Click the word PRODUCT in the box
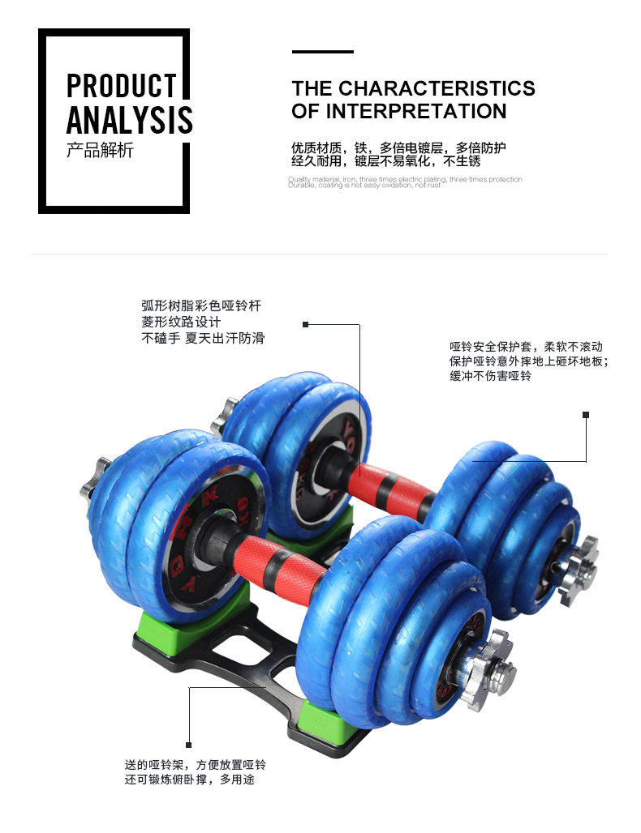121,86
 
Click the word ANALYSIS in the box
129,120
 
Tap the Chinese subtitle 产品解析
100,151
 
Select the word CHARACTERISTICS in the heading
437,88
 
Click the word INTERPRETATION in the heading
415,111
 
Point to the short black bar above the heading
322,52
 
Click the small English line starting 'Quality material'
405,179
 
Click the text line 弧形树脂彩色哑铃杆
201,305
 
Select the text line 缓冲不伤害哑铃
490,377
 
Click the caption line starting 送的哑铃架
195,763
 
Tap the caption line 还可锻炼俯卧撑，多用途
195,780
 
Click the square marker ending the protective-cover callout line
585,415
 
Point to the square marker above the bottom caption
188,745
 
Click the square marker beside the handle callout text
305,324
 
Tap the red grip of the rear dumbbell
391,487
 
